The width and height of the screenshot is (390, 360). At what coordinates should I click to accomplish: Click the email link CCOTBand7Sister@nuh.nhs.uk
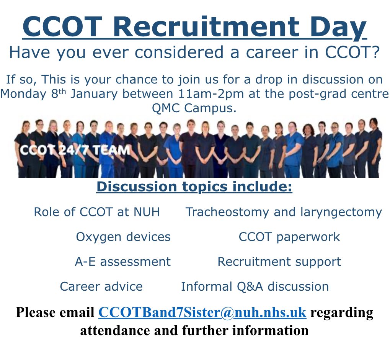tap(202, 312)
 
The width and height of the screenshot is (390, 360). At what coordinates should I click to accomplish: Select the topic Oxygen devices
tap(123, 237)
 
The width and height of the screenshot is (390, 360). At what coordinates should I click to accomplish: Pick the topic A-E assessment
tap(122, 262)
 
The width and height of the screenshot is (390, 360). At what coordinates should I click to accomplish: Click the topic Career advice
tap(101, 286)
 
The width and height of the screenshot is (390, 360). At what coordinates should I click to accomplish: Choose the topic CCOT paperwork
tap(289, 237)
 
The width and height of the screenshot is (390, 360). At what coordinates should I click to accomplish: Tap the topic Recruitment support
tap(279, 262)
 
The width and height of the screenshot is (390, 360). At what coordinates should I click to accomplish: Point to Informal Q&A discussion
tap(255, 286)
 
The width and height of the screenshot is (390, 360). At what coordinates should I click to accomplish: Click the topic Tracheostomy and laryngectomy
tap(284, 212)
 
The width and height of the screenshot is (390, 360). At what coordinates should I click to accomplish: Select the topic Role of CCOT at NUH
tap(97, 212)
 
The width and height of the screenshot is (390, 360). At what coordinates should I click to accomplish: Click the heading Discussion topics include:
tap(194, 188)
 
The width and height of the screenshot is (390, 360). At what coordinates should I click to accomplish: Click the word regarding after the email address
tap(341, 312)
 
